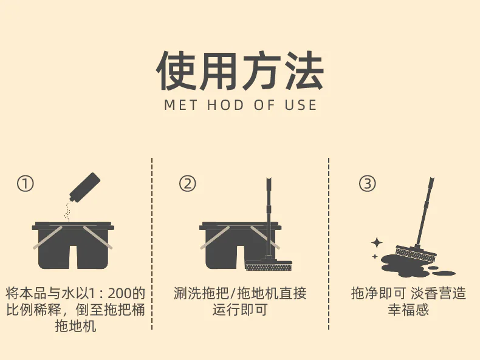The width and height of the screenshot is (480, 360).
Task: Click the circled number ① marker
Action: tap(25, 184)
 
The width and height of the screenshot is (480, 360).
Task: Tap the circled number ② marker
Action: tap(187, 183)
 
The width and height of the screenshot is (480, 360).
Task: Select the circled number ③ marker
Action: tap(368, 183)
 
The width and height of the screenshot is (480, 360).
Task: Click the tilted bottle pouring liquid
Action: tap(84, 188)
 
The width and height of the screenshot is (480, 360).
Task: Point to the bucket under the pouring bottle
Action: tap(73, 246)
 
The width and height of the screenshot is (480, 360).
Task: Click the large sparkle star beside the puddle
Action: tap(377, 243)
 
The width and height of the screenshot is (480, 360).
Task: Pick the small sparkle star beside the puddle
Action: tap(375, 256)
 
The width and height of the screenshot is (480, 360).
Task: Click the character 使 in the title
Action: tap(176, 71)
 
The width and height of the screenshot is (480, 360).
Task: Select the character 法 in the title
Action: tap(303, 71)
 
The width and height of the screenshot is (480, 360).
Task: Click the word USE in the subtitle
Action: tap(301, 105)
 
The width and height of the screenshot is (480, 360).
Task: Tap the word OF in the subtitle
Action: tap(264, 105)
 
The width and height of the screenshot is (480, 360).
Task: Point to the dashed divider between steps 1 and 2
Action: tap(152, 243)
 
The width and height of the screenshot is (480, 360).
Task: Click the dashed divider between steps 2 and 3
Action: tap(329, 243)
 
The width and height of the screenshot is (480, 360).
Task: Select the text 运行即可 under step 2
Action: tap(240, 310)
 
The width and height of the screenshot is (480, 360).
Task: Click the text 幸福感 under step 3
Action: tap(408, 310)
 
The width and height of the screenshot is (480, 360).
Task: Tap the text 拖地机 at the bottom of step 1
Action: tap(75, 326)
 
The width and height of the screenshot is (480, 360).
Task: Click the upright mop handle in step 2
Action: tap(269, 218)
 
